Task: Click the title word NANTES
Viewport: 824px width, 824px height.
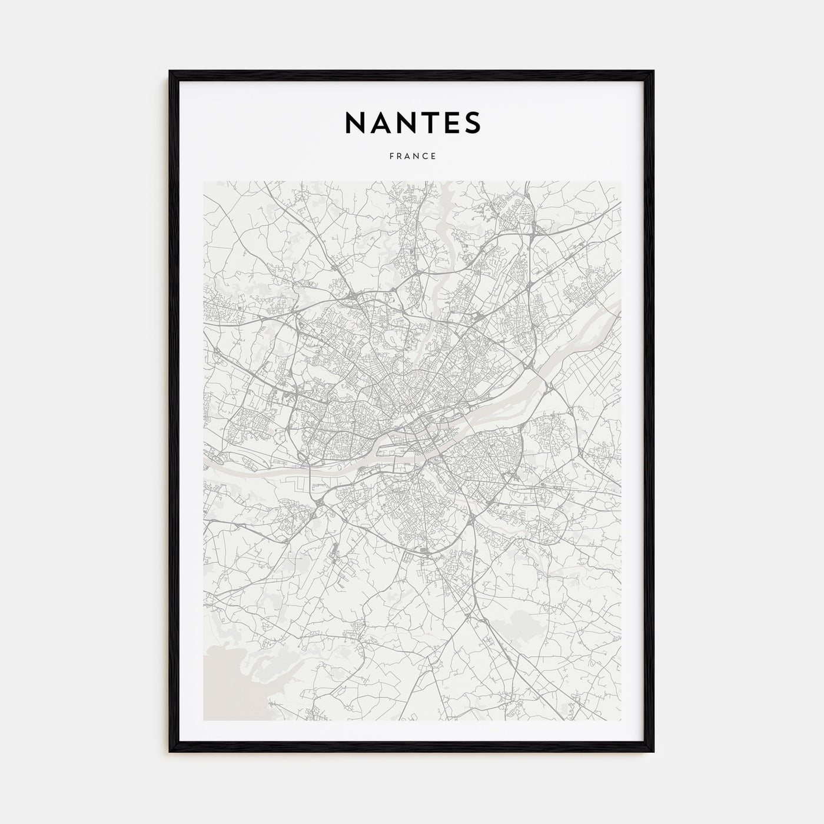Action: (412, 122)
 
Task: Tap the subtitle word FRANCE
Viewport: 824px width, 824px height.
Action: (412, 157)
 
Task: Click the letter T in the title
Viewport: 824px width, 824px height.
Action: (428, 122)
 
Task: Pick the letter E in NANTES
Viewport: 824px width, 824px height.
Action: (450, 122)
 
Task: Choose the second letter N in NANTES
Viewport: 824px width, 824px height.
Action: (406, 122)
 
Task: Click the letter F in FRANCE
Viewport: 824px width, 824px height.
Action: (390, 157)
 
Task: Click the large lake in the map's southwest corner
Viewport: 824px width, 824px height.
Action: (227, 689)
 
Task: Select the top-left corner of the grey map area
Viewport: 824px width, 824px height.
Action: (204, 181)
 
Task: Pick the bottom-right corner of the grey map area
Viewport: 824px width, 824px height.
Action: (620, 720)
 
